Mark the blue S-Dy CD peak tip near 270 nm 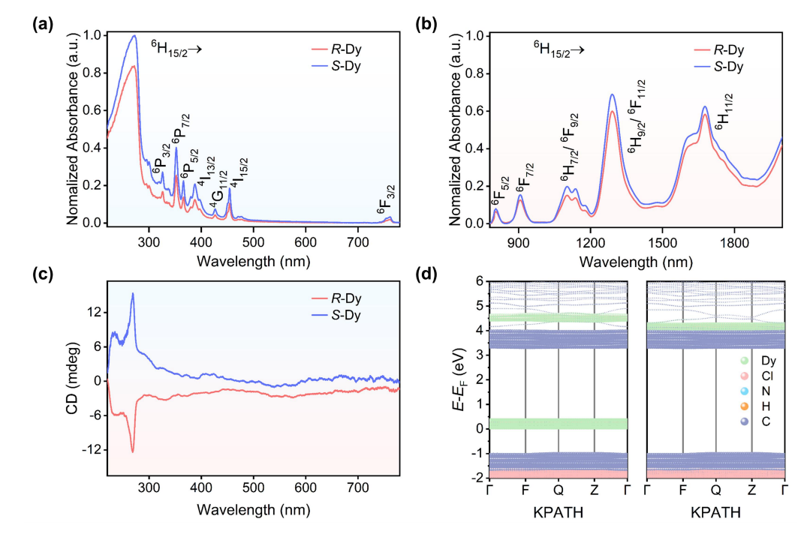tap(133, 293)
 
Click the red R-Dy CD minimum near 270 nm tap(133, 452)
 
